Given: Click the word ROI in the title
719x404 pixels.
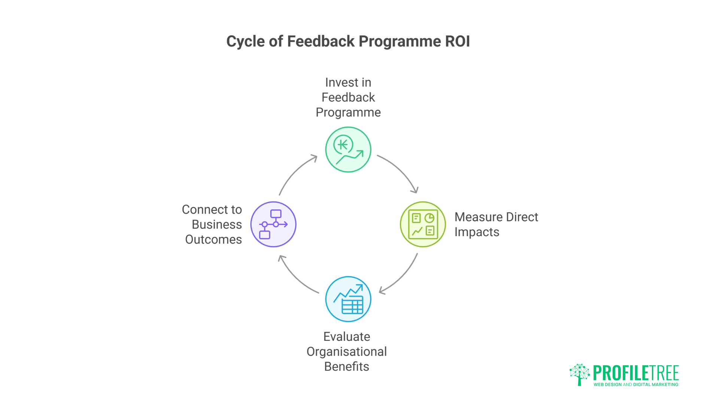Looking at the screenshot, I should (x=457, y=41).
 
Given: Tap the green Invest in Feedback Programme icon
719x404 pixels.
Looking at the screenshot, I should (x=348, y=150).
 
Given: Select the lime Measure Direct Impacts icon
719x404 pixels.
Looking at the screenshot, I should (x=423, y=224).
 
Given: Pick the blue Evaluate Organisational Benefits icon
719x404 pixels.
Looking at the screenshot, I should (x=348, y=299).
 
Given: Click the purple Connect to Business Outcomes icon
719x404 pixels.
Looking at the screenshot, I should (x=273, y=224).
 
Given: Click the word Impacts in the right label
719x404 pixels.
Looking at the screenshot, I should (x=477, y=232).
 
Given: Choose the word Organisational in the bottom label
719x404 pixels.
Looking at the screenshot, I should (x=346, y=352).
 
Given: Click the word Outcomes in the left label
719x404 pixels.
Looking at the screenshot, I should (x=213, y=239).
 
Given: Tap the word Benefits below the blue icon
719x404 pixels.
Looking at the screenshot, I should (x=346, y=367).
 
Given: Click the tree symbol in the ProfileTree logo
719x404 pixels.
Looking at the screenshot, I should (x=579, y=374).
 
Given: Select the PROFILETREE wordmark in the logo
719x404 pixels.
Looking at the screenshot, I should (x=635, y=373).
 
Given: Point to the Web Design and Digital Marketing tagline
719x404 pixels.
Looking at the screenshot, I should (x=635, y=385).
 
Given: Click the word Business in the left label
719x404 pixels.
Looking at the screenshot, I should (x=216, y=224).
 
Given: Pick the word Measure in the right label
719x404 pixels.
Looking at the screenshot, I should (x=478, y=217).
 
